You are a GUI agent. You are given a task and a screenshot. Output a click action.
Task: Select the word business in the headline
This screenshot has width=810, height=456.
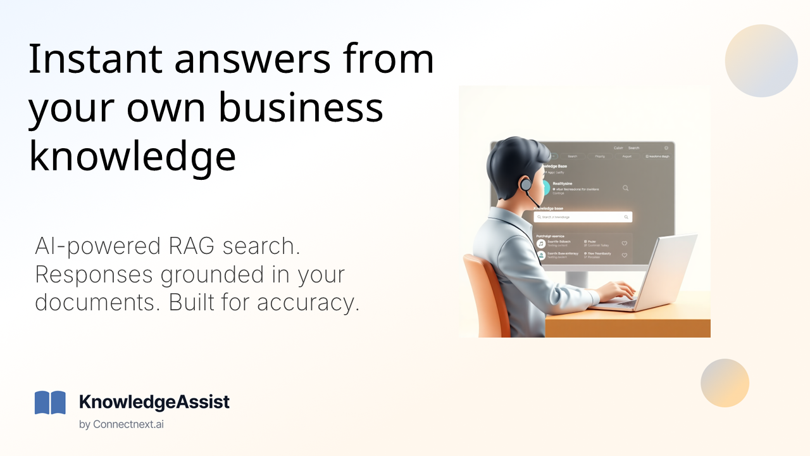pos(301,108)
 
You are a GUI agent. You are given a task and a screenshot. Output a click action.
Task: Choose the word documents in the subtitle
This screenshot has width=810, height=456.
pos(96,302)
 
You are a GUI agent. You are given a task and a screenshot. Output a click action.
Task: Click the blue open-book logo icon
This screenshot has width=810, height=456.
pos(50,403)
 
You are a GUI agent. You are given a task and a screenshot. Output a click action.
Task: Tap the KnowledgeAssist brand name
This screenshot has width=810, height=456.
pos(154,402)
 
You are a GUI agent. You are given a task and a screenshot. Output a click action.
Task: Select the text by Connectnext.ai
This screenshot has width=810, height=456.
pos(121,424)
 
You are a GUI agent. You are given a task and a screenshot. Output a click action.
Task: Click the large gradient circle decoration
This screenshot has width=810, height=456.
pos(761,61)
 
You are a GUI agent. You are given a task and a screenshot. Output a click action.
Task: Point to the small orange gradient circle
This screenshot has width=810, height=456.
pos(725,383)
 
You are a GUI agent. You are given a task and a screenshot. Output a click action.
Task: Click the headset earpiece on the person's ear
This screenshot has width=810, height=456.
pos(525,185)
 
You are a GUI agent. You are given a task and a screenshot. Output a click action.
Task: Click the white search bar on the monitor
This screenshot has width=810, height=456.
pos(582,217)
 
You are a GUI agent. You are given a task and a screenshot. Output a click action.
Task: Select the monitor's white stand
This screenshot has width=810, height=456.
pos(577,278)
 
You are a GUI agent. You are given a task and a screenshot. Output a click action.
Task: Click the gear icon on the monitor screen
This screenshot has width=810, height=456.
pos(666,148)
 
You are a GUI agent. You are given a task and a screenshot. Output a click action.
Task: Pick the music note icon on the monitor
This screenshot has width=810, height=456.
pos(541,243)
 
